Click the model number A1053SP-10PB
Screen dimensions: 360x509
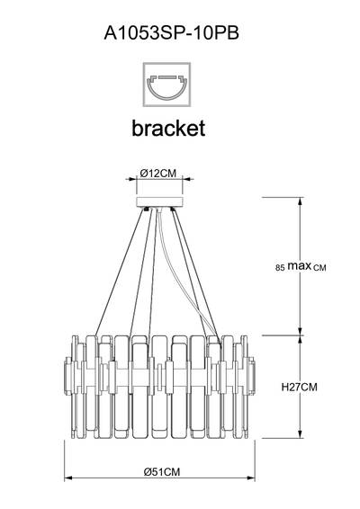click(x=171, y=32)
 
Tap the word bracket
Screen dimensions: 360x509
click(x=168, y=128)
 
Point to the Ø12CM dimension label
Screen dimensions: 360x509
click(x=158, y=174)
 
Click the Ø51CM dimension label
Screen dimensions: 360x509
click(x=162, y=471)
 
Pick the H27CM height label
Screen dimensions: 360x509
click(x=299, y=387)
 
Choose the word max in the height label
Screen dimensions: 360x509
click(x=300, y=266)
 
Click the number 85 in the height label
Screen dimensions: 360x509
click(x=280, y=268)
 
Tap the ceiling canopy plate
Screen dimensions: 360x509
click(x=159, y=201)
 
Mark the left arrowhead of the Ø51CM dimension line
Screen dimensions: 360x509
click(x=67, y=478)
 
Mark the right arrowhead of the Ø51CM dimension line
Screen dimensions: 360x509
click(x=251, y=478)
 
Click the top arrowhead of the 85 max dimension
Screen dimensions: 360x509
click(x=301, y=201)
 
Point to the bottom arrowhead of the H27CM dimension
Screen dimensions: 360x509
click(x=301, y=434)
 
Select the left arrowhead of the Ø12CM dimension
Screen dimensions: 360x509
click(x=132, y=179)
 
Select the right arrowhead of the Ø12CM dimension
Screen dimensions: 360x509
click(x=186, y=179)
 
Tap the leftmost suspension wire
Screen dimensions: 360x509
click(x=120, y=272)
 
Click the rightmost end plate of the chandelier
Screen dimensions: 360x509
click(x=251, y=376)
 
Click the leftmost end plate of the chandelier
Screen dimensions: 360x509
click(x=68, y=376)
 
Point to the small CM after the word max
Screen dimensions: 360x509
click(x=319, y=268)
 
